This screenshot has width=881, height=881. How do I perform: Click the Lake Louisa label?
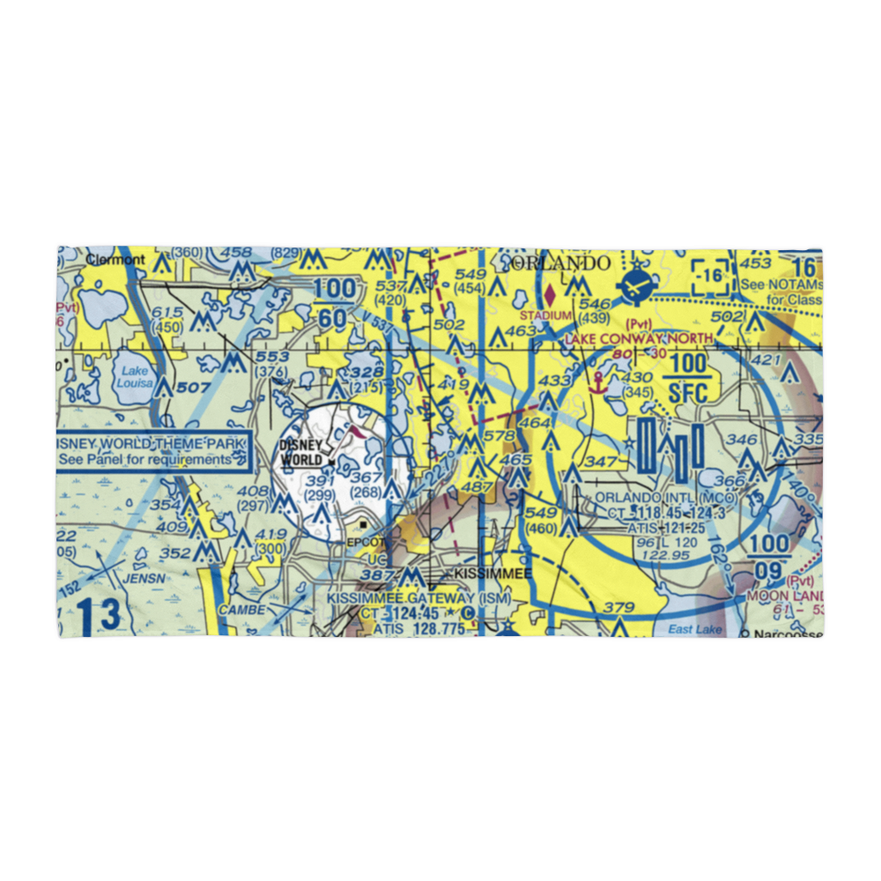click(135, 377)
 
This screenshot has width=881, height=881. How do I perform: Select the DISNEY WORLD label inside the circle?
click(300, 453)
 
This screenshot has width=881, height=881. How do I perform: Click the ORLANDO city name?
click(560, 263)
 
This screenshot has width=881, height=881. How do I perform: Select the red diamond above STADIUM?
click(552, 292)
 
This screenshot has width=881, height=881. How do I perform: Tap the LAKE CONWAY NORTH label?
click(640, 338)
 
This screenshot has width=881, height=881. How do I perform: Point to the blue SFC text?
click(688, 393)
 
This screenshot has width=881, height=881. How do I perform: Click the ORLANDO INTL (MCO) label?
click(665, 497)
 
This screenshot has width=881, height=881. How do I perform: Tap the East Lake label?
click(694, 628)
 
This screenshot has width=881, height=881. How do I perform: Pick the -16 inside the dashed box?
click(712, 275)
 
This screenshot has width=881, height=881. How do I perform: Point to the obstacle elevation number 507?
click(194, 387)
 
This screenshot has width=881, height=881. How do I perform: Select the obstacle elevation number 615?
click(167, 314)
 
